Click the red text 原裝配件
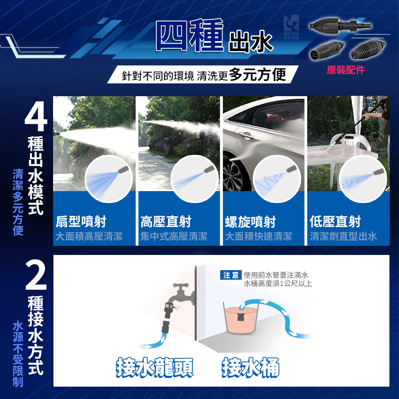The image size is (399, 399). click(x=346, y=70)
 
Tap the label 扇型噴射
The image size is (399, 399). click(x=81, y=221)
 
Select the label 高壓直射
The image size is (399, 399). click(x=166, y=221)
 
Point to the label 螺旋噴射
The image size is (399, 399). click(x=251, y=221)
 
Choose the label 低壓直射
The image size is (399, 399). click(x=335, y=221)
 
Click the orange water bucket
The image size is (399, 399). click(x=241, y=319)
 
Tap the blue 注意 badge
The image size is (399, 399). click(x=231, y=275)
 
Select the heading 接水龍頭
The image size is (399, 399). click(x=154, y=367)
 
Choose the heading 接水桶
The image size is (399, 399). click(x=251, y=367)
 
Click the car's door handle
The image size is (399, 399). click(x=246, y=135)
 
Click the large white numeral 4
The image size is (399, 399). click(x=36, y=116)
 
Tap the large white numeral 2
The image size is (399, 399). click(x=36, y=275)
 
